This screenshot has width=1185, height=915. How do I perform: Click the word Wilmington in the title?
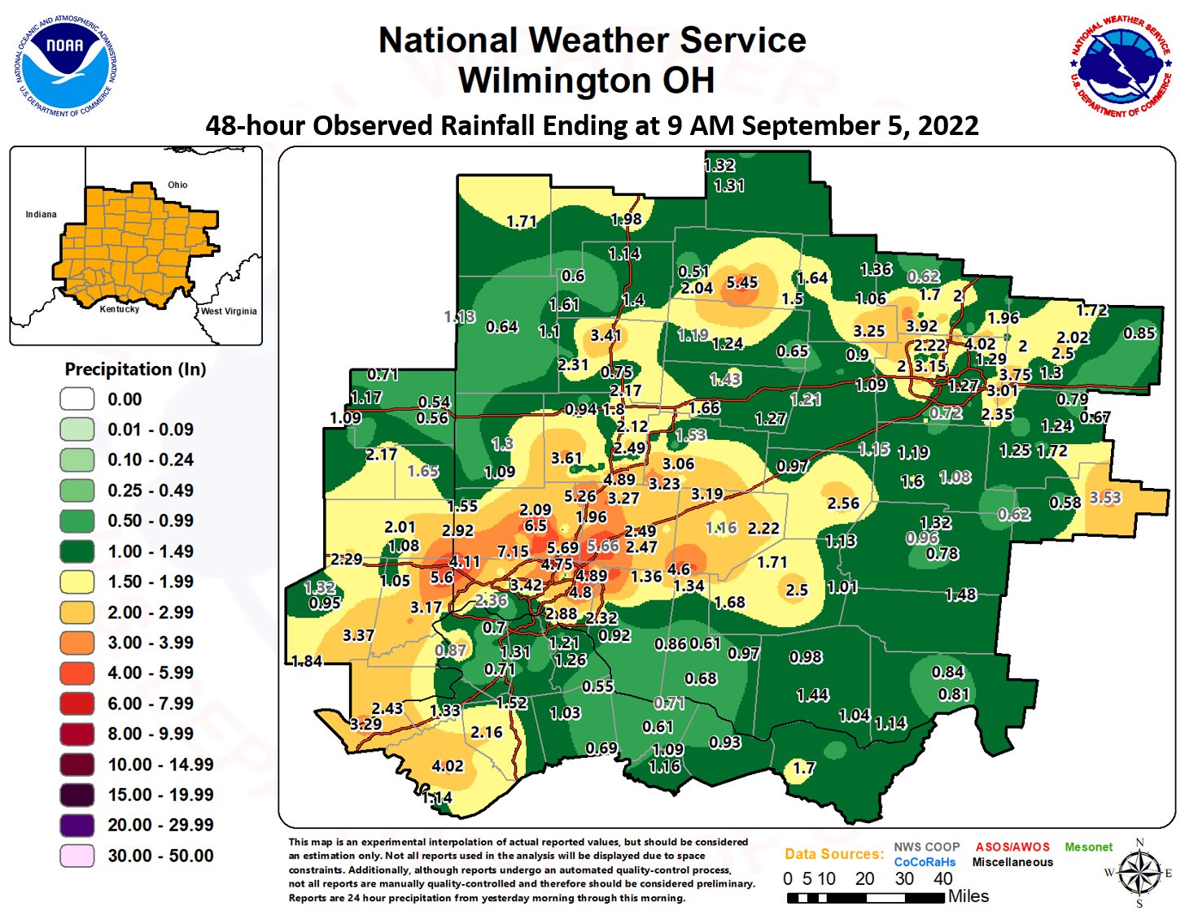[x=553, y=81]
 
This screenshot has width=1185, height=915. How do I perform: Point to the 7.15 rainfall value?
[x=513, y=551]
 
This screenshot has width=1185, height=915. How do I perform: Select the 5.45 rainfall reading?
[x=741, y=282]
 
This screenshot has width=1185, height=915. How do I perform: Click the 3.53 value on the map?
[x=1105, y=497]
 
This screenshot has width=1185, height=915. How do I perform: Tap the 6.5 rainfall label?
[x=535, y=525]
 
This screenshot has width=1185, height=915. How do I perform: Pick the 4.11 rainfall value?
[x=465, y=561]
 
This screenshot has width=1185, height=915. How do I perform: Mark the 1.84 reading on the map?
[x=307, y=660]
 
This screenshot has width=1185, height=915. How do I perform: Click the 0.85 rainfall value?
[x=1139, y=333]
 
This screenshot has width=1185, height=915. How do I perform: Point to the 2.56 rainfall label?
[x=843, y=503]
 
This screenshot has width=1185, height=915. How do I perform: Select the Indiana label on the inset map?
[x=41, y=215]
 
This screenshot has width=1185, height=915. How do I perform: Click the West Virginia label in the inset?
[x=229, y=311]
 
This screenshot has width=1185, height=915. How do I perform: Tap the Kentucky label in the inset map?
[x=120, y=309]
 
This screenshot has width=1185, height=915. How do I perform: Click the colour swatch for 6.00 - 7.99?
[x=77, y=704]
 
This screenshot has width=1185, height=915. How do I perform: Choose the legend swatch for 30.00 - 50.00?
[x=77, y=856]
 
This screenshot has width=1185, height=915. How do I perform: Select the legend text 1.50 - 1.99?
[x=151, y=582]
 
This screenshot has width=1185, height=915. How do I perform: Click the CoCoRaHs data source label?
[x=925, y=862]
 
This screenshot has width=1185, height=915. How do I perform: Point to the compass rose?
[x=1139, y=874]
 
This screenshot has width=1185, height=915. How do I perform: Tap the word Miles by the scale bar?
[x=969, y=896]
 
